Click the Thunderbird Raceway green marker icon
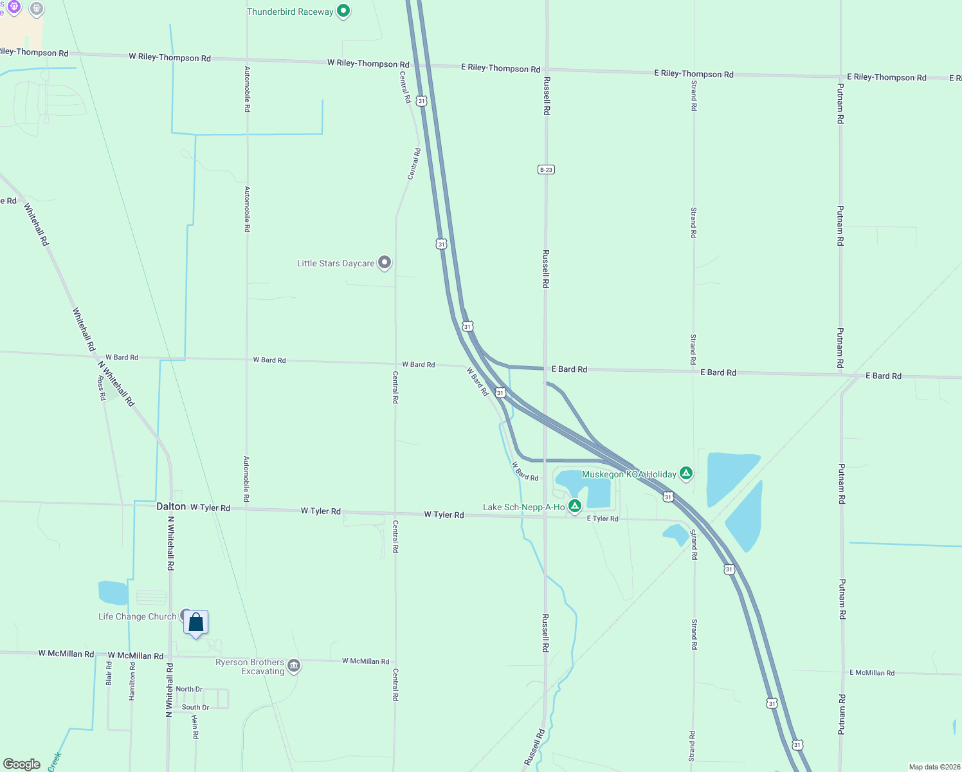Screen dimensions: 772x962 pos(343,11)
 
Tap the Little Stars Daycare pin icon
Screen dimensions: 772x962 pos(385,262)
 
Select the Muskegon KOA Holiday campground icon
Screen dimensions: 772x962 pos(686,473)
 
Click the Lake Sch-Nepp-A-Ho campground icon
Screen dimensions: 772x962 pos(575,506)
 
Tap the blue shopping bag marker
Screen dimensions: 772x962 pos(196,623)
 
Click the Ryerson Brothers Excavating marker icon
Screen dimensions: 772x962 pos(294,666)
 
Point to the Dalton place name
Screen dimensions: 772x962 pos(171,506)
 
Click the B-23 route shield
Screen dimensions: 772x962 pos(546,170)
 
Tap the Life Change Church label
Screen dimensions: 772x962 pos(137,616)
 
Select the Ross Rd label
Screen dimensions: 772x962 pos(102,389)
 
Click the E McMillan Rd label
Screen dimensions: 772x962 pos(871,673)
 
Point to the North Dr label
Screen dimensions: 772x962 pos(189,689)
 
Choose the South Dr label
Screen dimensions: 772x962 pos(195,707)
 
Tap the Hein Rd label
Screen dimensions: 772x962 pos(195,726)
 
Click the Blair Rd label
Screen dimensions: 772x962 pos(109,674)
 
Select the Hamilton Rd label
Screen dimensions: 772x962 pos(132,681)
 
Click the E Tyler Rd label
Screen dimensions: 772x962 pos(603,519)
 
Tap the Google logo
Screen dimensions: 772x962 pos(22,764)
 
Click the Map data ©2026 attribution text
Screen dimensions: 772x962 pos(934,767)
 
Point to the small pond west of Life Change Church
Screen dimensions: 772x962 pos(113,593)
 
